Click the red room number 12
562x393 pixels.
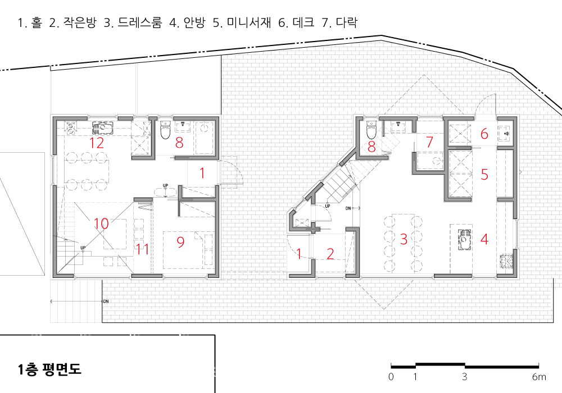(x=97, y=143)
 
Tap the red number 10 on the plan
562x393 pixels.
(x=101, y=223)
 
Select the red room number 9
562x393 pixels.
(x=180, y=243)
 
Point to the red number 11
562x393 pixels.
(x=142, y=249)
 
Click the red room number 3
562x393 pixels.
(x=404, y=239)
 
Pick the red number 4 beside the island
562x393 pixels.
(x=484, y=239)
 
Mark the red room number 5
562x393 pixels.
(x=484, y=174)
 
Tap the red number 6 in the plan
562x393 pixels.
(x=484, y=134)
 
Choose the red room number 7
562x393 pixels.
(x=430, y=142)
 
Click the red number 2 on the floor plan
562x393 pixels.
(x=330, y=254)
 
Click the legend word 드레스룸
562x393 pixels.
(x=140, y=22)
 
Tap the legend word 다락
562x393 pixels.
(x=347, y=22)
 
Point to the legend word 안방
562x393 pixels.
(x=194, y=22)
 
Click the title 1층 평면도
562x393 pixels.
(x=49, y=369)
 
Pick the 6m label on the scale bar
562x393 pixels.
(x=539, y=377)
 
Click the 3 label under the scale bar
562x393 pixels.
(x=465, y=377)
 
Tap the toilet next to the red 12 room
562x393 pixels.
(x=165, y=130)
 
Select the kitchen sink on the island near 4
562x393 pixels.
(x=465, y=237)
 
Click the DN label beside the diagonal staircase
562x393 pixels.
(x=348, y=208)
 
